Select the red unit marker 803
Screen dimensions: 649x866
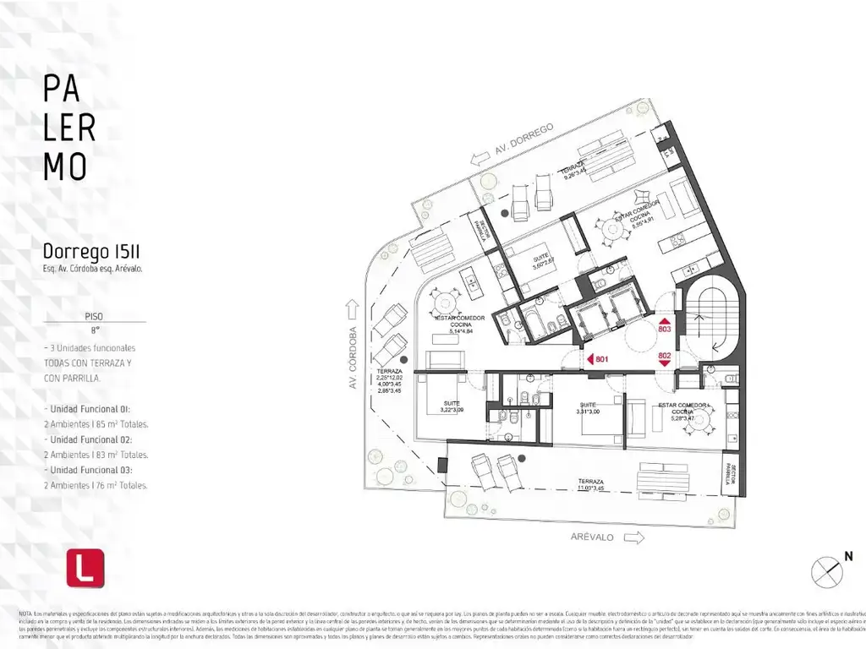(x=664, y=326)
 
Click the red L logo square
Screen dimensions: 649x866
(x=85, y=568)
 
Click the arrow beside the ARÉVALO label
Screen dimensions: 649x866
(x=629, y=537)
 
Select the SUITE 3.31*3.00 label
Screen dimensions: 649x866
(x=587, y=409)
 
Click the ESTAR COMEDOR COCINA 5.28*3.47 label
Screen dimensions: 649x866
(x=681, y=412)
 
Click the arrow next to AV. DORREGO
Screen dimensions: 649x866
(x=481, y=157)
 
